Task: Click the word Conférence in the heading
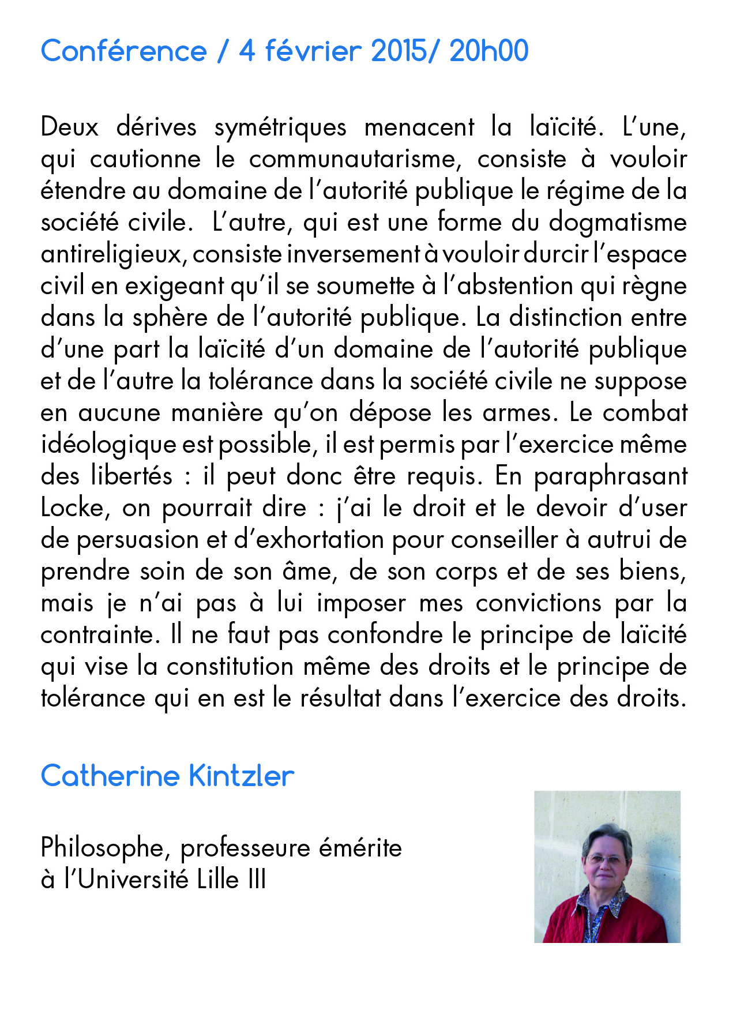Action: coord(123,51)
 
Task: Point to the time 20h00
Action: coord(489,51)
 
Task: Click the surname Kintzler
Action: coord(242,776)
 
